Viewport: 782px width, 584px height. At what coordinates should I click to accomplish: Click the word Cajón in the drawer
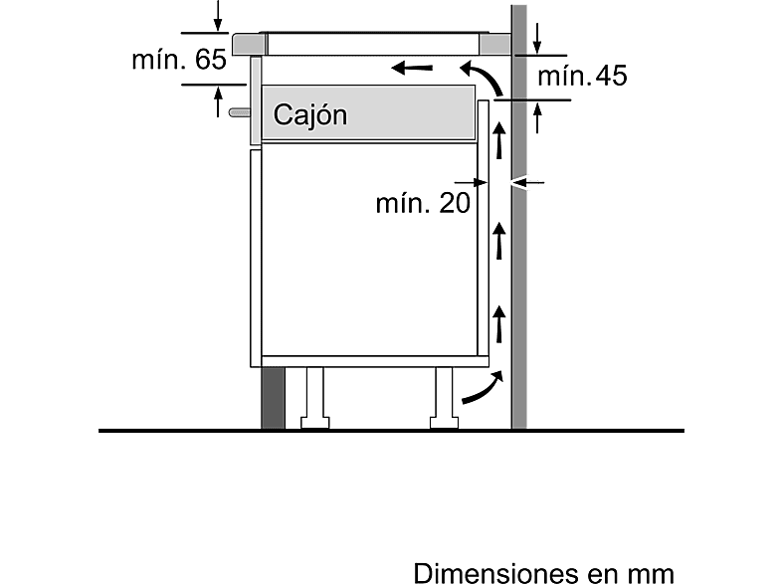click(x=309, y=116)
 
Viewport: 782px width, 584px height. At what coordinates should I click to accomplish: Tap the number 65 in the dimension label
click(x=211, y=60)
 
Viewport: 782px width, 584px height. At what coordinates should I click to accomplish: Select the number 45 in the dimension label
click(x=611, y=76)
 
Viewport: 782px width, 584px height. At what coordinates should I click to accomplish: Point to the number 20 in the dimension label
click(x=455, y=203)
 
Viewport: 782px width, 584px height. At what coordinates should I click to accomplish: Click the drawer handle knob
click(x=240, y=112)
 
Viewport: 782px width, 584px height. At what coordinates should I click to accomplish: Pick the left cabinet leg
click(x=314, y=398)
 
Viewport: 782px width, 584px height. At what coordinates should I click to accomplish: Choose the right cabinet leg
click(x=444, y=398)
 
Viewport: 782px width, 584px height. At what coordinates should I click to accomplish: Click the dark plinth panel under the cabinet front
click(x=273, y=398)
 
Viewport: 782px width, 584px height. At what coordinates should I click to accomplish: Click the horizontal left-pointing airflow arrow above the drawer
click(x=412, y=68)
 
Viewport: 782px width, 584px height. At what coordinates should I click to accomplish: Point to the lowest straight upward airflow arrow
click(x=499, y=324)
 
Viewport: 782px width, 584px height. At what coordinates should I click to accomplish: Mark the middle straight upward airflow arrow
click(x=499, y=241)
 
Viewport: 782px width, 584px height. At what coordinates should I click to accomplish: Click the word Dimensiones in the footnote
click(x=495, y=572)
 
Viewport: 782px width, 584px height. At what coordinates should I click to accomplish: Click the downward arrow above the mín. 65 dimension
click(x=218, y=16)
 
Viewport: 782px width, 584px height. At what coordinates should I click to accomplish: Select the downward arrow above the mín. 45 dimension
click(x=537, y=38)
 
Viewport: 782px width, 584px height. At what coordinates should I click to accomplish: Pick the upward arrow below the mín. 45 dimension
click(x=537, y=117)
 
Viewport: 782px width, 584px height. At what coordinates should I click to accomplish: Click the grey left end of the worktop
click(x=248, y=44)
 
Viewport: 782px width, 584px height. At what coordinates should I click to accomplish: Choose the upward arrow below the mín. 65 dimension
click(x=218, y=101)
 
